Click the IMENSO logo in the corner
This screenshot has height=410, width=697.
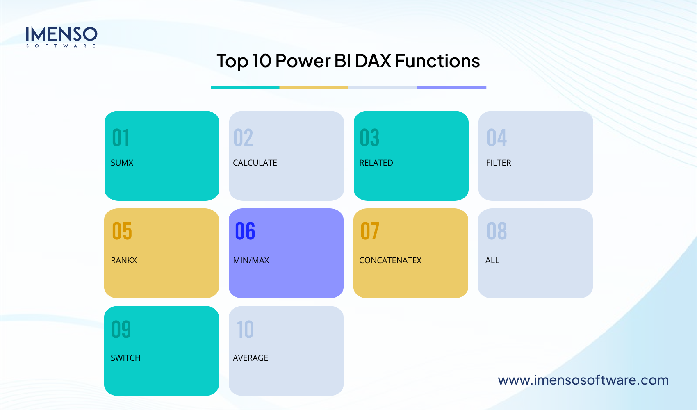[61, 36]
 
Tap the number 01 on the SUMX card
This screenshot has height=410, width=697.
[121, 138]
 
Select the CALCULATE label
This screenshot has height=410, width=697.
[255, 163]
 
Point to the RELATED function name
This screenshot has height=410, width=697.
[376, 163]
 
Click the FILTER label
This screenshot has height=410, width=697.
[499, 163]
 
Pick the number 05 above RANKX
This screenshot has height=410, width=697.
[122, 231]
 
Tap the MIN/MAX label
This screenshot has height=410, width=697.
[251, 260]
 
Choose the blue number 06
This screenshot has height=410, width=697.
[245, 231]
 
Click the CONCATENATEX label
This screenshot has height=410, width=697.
[390, 260]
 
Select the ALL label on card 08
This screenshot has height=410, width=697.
[492, 260]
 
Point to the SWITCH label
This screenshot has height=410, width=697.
[125, 358]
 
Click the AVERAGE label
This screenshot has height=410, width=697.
[251, 358]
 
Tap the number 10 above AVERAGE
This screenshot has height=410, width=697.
[245, 330]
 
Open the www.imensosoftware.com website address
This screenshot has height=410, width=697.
[583, 380]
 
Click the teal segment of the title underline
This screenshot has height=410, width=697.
[245, 87]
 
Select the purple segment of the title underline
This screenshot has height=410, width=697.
[452, 87]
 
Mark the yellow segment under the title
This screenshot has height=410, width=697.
[314, 87]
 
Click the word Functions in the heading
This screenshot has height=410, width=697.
[437, 61]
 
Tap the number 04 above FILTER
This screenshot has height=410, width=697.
[497, 138]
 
